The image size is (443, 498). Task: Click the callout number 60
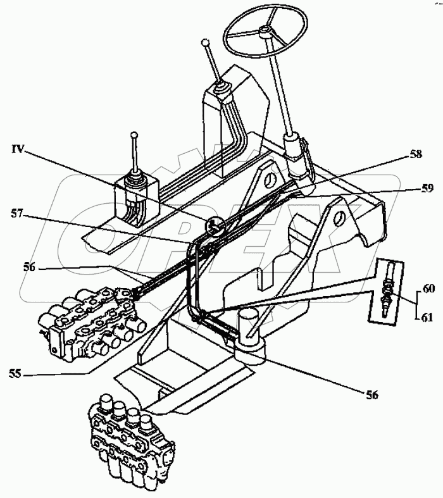[428, 289]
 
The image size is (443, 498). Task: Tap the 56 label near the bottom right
[371, 395]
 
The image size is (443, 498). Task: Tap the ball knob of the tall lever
[204, 44]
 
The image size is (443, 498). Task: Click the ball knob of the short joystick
[134, 134]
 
